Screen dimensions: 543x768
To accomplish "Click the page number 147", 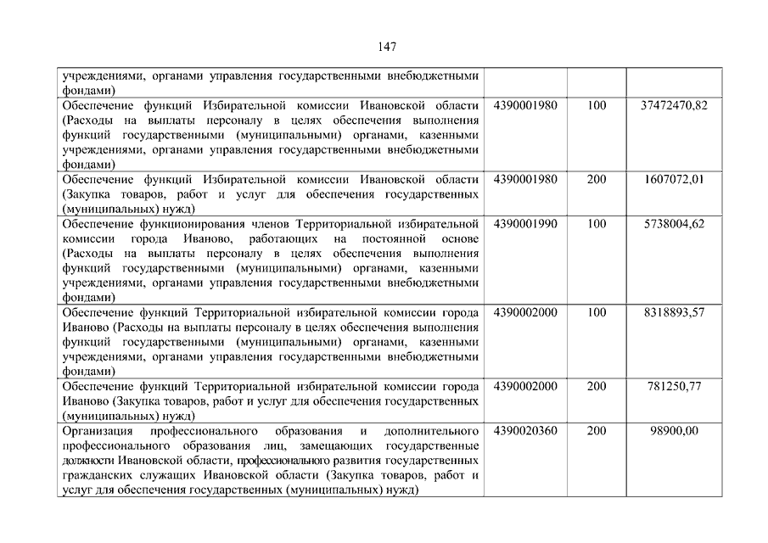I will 384,47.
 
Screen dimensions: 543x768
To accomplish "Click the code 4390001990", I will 525,224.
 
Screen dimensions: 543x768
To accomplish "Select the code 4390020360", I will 525,431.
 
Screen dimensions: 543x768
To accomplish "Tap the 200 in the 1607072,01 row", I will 597,179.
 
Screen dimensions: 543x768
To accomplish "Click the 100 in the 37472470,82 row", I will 597,105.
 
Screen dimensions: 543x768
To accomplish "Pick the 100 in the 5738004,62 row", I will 597,224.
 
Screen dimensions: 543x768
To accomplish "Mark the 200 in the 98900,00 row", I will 597,431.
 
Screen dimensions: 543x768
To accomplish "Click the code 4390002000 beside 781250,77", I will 525,386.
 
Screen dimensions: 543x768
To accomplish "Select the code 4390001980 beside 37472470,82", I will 525,105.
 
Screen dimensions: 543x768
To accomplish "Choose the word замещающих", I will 333,445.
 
